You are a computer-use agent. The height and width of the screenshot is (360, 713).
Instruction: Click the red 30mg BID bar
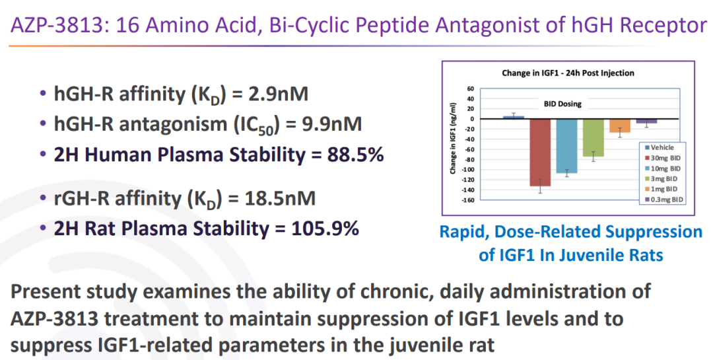click(540, 153)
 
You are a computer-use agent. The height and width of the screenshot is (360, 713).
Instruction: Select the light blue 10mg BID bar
click(566, 146)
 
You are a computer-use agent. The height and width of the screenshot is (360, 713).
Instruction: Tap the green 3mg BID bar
click(593, 137)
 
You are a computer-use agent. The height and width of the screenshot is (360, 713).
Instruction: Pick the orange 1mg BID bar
click(620, 126)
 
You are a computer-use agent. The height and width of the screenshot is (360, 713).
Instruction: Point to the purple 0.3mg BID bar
click(646, 121)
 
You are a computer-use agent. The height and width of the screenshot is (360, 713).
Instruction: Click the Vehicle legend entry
click(660, 147)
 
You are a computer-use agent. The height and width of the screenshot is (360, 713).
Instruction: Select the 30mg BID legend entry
click(663, 158)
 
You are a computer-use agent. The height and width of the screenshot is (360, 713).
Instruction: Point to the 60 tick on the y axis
click(470, 89)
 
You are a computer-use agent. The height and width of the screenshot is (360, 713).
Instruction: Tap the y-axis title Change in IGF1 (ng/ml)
click(453, 138)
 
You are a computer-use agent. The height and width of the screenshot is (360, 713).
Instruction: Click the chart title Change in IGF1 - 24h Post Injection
click(568, 73)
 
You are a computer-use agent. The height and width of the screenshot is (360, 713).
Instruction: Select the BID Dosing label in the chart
click(562, 104)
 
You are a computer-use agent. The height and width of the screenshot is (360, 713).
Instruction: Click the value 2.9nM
click(279, 93)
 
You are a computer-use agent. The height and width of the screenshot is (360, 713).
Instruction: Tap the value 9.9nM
click(332, 124)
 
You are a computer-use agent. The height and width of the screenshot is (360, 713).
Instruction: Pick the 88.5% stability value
click(356, 155)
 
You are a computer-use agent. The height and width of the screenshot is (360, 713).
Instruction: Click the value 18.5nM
click(280, 198)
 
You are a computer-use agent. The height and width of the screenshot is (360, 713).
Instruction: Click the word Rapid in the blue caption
click(463, 232)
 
